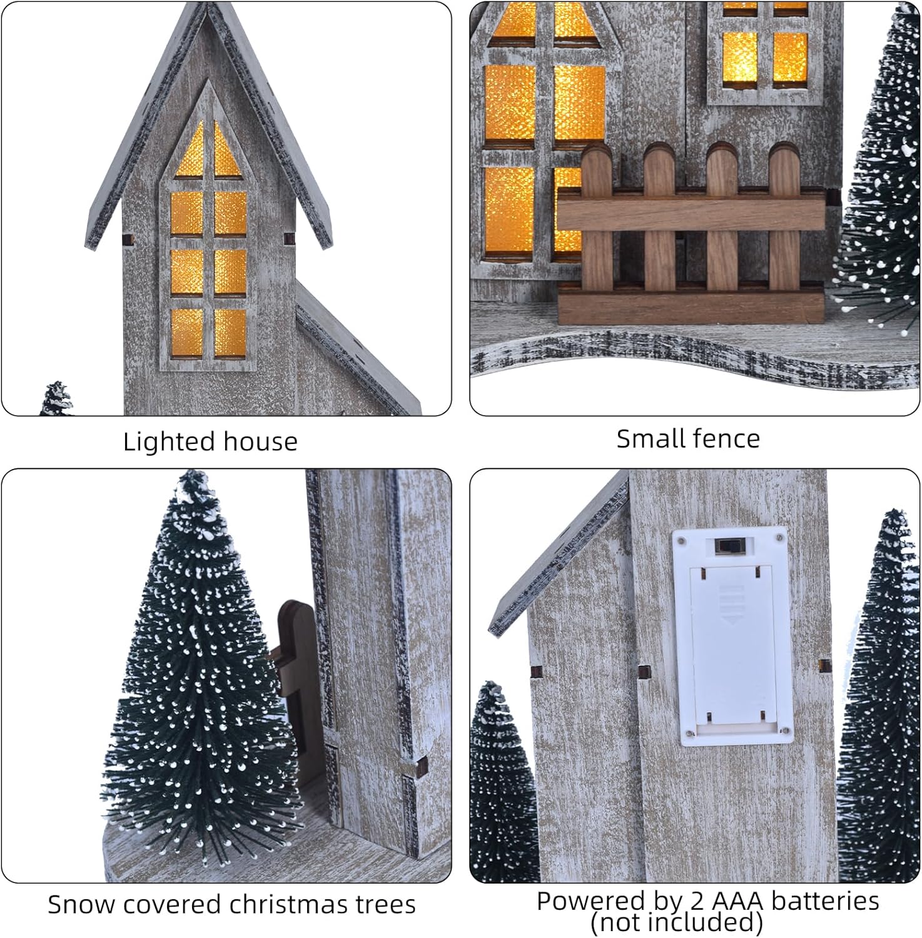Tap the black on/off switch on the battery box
click(726, 547)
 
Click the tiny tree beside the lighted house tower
click(57, 398)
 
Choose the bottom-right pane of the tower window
click(230, 333)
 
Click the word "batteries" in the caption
click(826, 901)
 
